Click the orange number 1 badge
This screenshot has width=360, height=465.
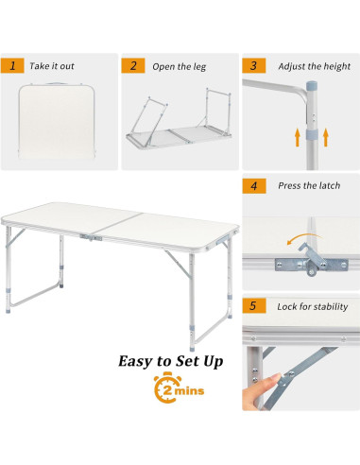(x=12, y=66)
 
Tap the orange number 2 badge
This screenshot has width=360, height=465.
(x=133, y=66)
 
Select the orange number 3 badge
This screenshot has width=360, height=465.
(x=253, y=66)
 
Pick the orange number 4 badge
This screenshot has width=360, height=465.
(x=253, y=185)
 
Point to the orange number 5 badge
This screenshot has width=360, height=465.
(x=253, y=306)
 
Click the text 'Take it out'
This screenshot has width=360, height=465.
(x=53, y=66)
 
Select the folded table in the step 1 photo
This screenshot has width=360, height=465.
(x=58, y=122)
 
